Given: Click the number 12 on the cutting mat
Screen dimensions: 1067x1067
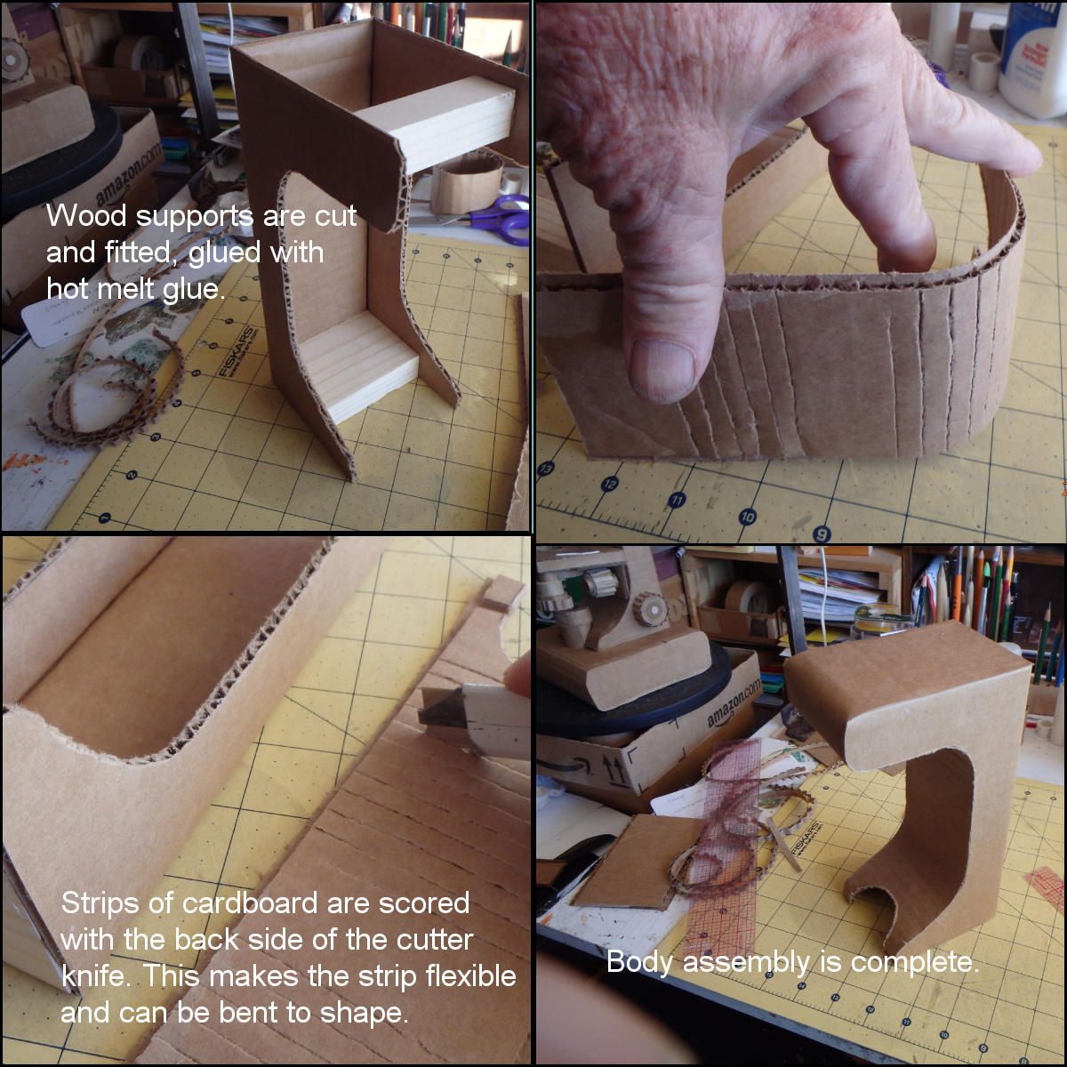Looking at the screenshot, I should [610, 484].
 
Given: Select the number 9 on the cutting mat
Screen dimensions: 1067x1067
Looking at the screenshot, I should [821, 533].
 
